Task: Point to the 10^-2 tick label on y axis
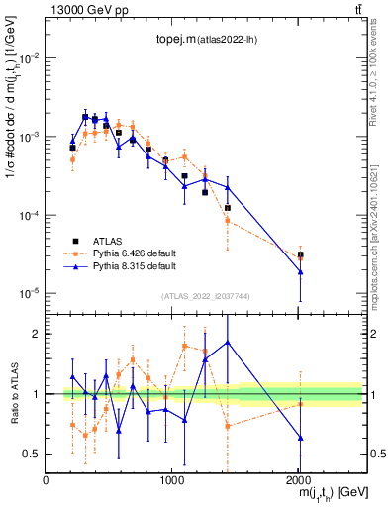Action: point(29,58)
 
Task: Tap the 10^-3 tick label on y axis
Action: point(29,137)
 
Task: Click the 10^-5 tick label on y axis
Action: point(29,293)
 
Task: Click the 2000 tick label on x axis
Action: point(298,480)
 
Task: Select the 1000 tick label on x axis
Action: point(172,480)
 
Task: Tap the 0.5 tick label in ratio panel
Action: point(33,454)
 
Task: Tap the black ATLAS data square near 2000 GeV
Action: point(300,254)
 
